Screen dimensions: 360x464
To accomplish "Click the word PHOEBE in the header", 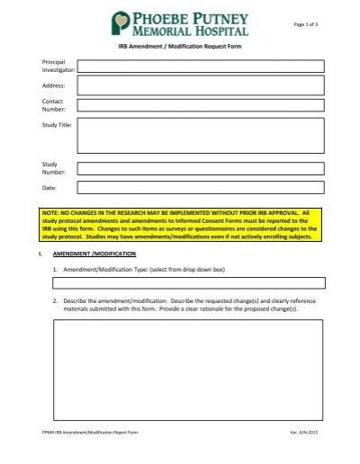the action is [164, 17].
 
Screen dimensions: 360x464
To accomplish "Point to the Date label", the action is [49, 188].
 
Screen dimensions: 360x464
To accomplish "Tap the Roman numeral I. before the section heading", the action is [40, 254].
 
